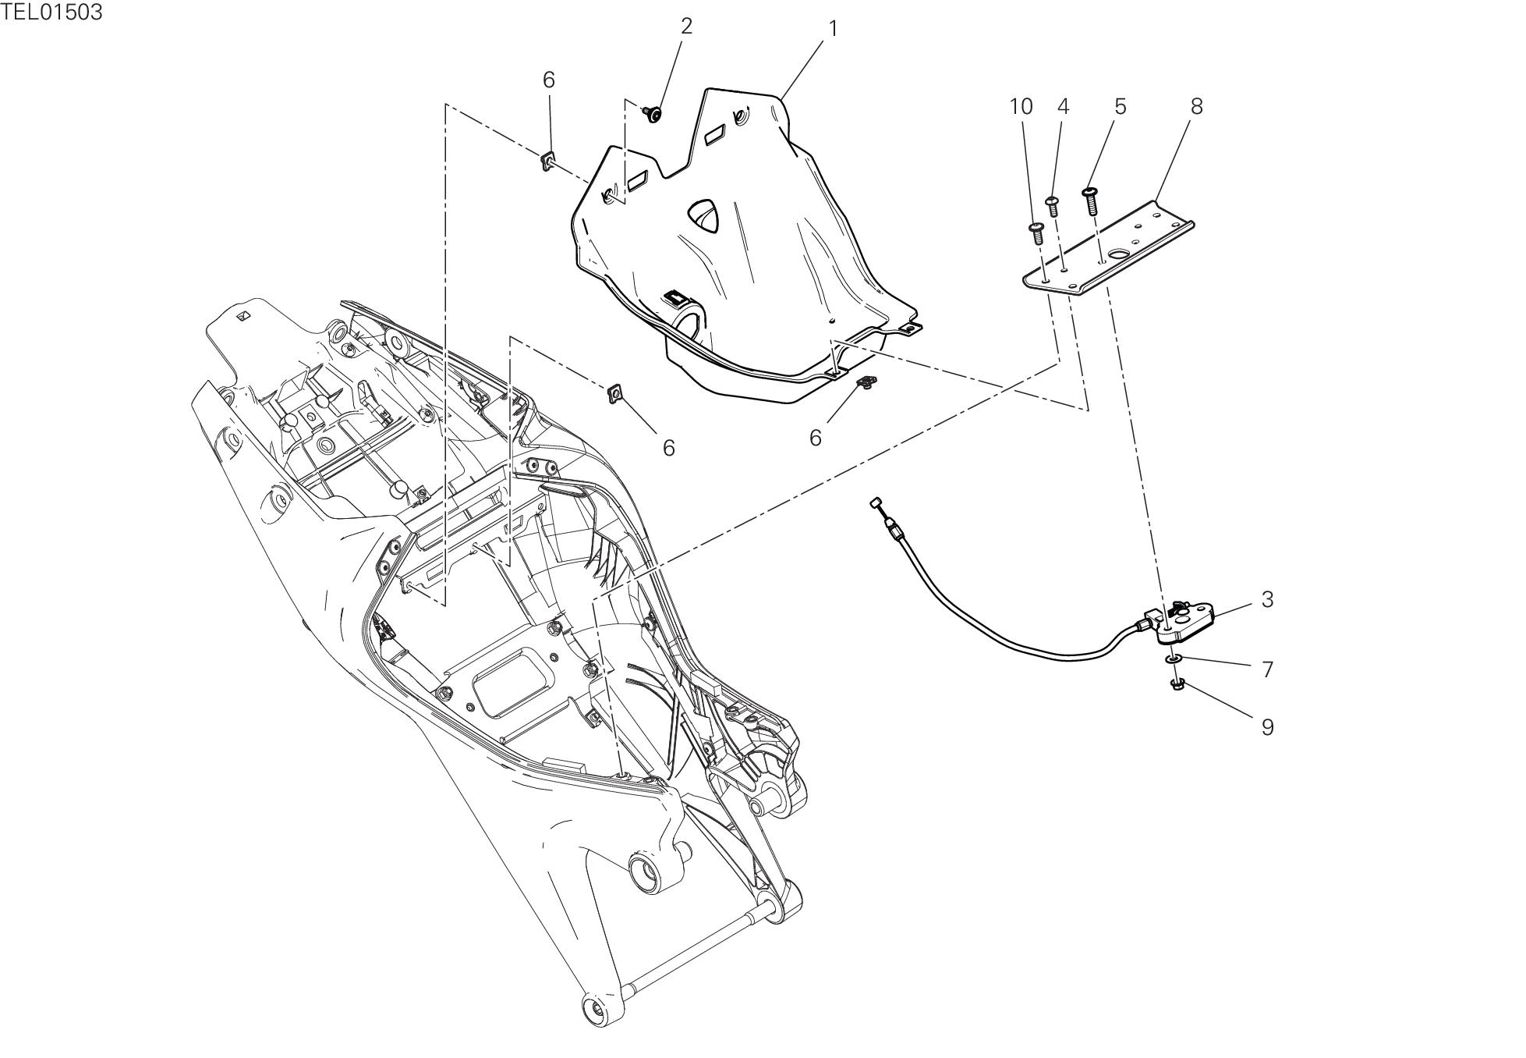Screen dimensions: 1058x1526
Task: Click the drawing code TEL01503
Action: [x=51, y=12]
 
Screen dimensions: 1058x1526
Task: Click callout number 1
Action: [x=833, y=29]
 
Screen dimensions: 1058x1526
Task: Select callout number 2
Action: [x=686, y=26]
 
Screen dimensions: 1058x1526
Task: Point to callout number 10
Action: [x=1021, y=106]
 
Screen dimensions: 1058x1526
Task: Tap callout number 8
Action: [x=1196, y=106]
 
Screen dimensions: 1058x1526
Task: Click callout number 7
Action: [x=1267, y=669]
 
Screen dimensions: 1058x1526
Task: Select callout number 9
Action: [x=1267, y=726]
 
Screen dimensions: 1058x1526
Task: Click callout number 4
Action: [x=1064, y=106]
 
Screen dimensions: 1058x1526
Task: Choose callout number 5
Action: [x=1121, y=106]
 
